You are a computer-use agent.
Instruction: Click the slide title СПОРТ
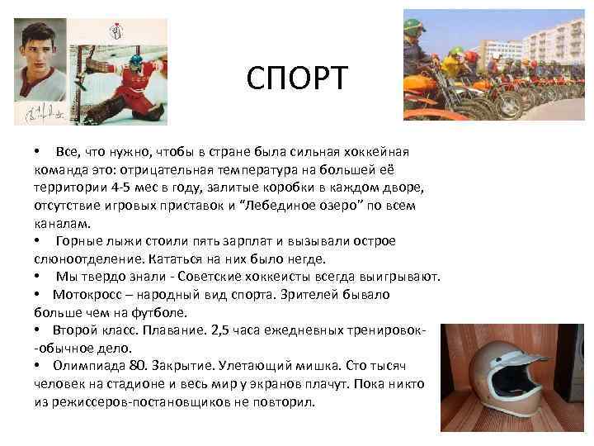coord(298,80)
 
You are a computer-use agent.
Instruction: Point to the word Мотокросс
coord(92,294)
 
